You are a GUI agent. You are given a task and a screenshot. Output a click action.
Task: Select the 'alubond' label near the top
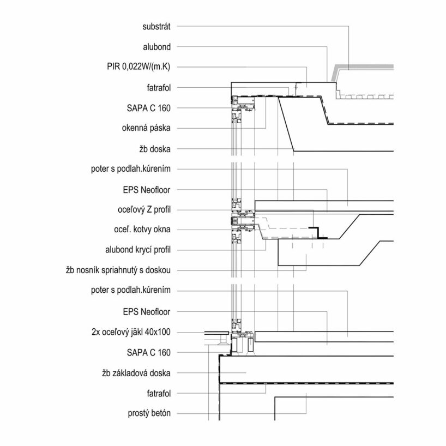click(x=158, y=47)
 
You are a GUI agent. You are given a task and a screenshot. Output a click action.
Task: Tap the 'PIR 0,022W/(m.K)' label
click(x=139, y=67)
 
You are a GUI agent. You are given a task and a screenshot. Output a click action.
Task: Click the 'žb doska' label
click(x=155, y=149)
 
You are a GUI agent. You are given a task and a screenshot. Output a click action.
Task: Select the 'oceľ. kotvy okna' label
click(x=142, y=230)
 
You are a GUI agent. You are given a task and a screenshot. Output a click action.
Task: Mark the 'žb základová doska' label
click(x=136, y=373)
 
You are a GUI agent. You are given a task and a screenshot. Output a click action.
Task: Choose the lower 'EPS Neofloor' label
click(x=147, y=311)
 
